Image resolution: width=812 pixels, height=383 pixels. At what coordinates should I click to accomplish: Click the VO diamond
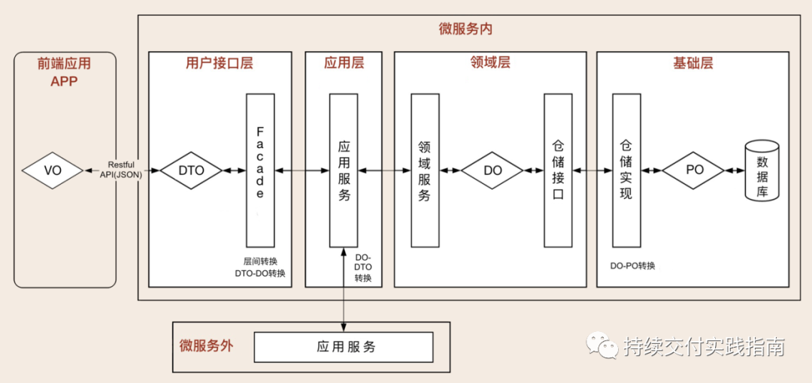[53, 170]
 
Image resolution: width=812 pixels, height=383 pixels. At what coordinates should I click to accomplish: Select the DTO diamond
[191, 170]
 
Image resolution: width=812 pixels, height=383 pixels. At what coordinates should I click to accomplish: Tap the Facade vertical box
[260, 170]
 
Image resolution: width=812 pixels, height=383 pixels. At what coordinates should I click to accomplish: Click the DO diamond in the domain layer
[492, 170]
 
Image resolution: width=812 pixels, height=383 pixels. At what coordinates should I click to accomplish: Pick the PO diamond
[694, 170]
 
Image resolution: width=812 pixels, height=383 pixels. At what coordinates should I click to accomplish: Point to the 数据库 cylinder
[761, 172]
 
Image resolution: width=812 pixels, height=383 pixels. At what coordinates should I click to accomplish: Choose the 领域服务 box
[425, 170]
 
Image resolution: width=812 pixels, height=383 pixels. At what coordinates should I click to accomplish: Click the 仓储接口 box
[558, 170]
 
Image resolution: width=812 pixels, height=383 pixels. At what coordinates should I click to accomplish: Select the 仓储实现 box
[626, 170]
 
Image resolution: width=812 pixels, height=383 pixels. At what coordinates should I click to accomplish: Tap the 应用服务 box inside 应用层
[344, 170]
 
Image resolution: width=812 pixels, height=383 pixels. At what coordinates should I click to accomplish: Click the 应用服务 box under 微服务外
[344, 347]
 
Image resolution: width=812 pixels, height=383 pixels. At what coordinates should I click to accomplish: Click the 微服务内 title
[465, 29]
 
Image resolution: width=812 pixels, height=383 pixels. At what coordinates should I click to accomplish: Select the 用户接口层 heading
[220, 63]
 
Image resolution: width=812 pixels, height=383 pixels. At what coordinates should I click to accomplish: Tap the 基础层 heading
[692, 63]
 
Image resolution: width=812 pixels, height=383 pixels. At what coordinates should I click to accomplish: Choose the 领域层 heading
[489, 63]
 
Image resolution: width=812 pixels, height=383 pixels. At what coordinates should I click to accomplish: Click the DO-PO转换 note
[633, 265]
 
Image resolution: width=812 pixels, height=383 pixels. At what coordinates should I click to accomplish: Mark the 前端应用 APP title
[65, 73]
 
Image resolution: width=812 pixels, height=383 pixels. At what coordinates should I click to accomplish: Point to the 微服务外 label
[206, 346]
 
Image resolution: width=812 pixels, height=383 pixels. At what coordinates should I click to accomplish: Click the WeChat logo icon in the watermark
[603, 346]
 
